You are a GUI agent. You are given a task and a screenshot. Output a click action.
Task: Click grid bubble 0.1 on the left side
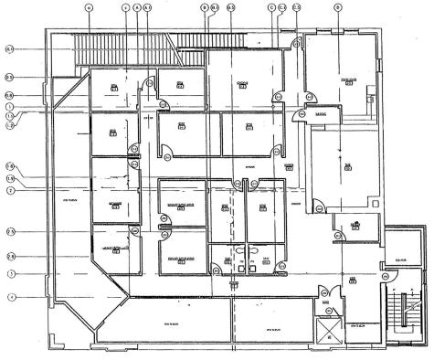point(8,48)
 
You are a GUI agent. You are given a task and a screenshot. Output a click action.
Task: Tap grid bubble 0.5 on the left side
point(8,78)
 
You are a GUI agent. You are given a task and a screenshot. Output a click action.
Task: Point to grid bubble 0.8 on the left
point(8,95)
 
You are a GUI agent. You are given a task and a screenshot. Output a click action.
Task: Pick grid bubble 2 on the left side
point(8,190)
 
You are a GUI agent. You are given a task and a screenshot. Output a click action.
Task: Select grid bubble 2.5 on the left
point(8,231)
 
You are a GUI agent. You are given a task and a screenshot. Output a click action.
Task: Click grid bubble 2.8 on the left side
point(8,256)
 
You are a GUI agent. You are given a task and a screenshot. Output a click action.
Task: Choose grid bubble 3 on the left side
point(8,273)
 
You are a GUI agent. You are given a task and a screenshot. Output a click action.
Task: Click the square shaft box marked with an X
point(325,332)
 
